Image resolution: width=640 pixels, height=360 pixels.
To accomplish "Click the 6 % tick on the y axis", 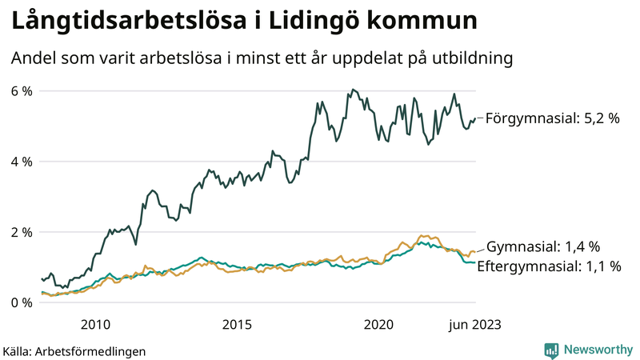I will [21, 91].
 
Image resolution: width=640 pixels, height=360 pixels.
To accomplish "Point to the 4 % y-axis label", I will [21, 162].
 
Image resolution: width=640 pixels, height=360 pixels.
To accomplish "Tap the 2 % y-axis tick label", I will [21, 232].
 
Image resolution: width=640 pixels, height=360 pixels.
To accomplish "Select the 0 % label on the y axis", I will [21, 302].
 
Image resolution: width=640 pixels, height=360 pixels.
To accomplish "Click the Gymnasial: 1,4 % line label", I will [543, 246].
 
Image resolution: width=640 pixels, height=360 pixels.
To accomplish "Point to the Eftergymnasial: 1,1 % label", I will [549, 267].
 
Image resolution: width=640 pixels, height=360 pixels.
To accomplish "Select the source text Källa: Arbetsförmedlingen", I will [74, 351].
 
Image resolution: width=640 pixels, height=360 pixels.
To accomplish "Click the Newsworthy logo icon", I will [551, 350].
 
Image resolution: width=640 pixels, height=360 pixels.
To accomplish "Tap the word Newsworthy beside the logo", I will [597, 350].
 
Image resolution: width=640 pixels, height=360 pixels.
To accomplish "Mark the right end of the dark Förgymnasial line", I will [475, 119].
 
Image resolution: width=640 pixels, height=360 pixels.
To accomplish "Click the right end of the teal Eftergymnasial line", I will [475, 262].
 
